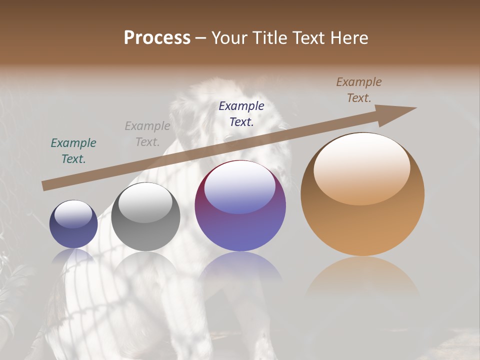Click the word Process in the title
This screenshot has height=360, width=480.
(x=157, y=38)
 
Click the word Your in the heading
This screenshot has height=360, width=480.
(x=230, y=38)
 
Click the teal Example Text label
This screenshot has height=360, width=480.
(x=73, y=151)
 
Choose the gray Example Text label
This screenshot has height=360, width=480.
(x=147, y=134)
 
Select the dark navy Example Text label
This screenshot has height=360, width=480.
(x=241, y=113)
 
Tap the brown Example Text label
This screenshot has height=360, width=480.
(x=359, y=90)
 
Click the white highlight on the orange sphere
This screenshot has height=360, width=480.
(x=362, y=167)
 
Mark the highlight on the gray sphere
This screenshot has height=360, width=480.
(x=145, y=202)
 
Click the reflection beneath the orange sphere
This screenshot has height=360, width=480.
(x=362, y=277)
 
